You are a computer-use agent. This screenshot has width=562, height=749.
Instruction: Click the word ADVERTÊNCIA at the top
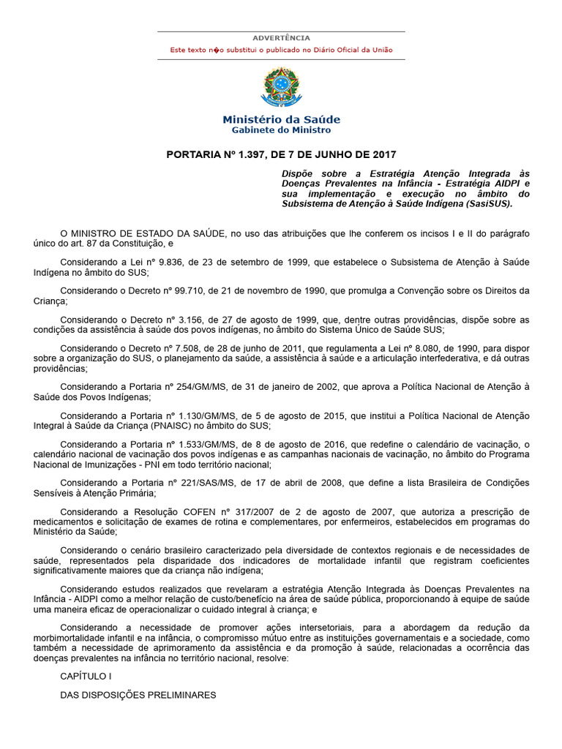281,38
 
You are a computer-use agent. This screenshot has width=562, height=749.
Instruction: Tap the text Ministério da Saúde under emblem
281,119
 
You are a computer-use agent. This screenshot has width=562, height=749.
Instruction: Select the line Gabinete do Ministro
281,130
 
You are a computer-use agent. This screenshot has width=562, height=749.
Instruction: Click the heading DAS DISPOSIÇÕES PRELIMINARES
138,695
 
